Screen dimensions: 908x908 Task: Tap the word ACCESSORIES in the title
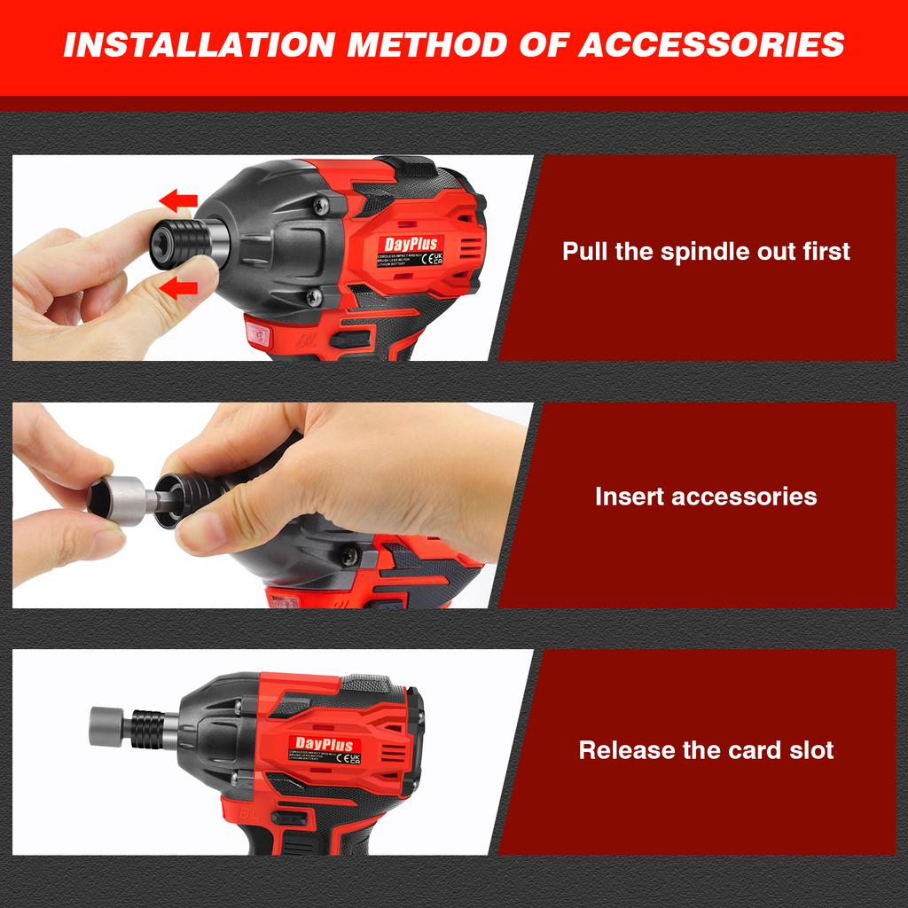click(x=711, y=43)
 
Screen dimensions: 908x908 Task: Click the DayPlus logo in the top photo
click(x=411, y=244)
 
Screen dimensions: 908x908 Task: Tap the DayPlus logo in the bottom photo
click(x=324, y=745)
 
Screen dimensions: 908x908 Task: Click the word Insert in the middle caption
click(x=630, y=496)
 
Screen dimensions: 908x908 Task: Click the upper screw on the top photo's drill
click(x=321, y=206)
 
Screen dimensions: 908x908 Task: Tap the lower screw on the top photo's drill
click(x=313, y=298)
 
